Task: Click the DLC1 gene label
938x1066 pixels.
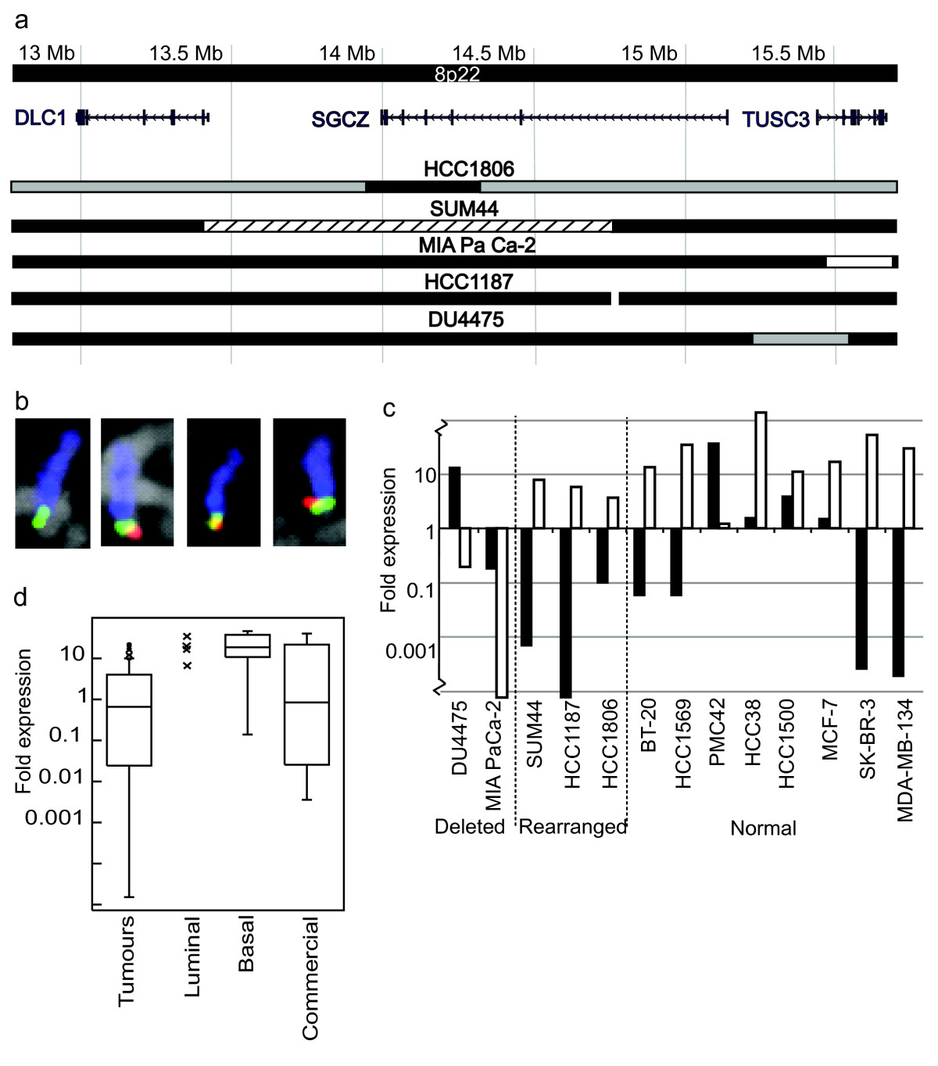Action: (x=41, y=118)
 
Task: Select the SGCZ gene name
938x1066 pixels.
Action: (x=340, y=120)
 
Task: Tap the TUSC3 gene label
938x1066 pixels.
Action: (x=776, y=120)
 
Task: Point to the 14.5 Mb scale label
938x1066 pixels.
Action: (x=489, y=53)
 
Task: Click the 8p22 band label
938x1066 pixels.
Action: (x=457, y=74)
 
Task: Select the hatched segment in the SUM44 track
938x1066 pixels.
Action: (x=408, y=226)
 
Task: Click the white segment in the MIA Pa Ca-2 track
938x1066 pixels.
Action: (x=859, y=262)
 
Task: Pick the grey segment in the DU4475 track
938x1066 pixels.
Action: (x=800, y=339)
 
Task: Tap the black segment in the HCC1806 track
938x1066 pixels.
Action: (x=423, y=187)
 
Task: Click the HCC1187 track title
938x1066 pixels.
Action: (x=468, y=282)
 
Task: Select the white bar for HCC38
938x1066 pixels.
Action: (x=761, y=470)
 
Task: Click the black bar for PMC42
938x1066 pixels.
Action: (x=714, y=485)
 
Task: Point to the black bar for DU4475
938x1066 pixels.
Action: (x=454, y=497)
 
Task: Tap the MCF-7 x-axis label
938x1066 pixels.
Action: (x=830, y=730)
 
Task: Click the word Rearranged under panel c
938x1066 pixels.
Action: (x=573, y=827)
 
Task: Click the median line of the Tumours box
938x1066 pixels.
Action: (x=129, y=706)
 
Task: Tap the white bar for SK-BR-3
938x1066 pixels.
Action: (x=872, y=481)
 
